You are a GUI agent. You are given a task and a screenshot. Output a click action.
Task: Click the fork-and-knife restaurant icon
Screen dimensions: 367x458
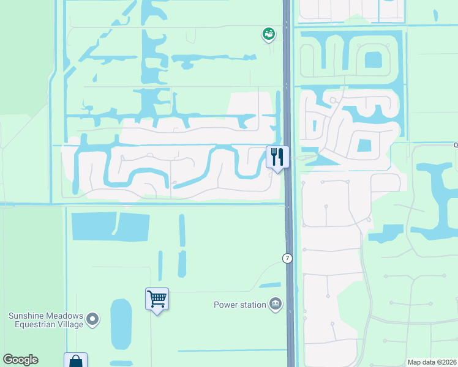coord(277,157)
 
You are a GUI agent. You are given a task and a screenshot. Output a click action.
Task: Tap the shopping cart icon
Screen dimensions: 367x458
coord(157,299)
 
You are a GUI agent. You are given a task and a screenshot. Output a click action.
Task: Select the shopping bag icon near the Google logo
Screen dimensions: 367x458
coord(75,361)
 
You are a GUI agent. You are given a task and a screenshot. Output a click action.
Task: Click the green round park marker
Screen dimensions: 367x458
coord(268,34)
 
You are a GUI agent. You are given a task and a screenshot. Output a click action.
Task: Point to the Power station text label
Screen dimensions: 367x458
coord(239,305)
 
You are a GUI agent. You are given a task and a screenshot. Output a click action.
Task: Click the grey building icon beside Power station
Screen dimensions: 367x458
coord(276,304)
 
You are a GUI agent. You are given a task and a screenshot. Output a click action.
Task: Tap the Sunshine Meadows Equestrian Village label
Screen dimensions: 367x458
coord(45,320)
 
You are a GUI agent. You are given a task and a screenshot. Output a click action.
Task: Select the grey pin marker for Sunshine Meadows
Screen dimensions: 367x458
coord(92,318)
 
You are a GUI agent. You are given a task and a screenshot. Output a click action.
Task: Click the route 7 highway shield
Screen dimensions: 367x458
coord(287,258)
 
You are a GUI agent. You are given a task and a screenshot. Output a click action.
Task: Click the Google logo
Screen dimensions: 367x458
coord(21,360)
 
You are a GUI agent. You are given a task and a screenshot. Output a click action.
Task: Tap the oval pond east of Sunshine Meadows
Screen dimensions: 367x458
coord(121,324)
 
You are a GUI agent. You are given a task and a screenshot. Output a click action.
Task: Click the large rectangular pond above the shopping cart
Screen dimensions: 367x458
coord(110,226)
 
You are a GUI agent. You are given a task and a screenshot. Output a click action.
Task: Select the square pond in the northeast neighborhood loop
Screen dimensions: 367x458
coord(372,60)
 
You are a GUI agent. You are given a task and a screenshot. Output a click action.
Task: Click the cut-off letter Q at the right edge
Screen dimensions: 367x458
coord(455,146)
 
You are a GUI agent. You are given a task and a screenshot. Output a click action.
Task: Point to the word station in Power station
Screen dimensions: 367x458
coord(253,305)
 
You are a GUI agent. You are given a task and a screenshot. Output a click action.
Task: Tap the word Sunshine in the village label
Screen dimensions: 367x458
coord(26,316)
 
